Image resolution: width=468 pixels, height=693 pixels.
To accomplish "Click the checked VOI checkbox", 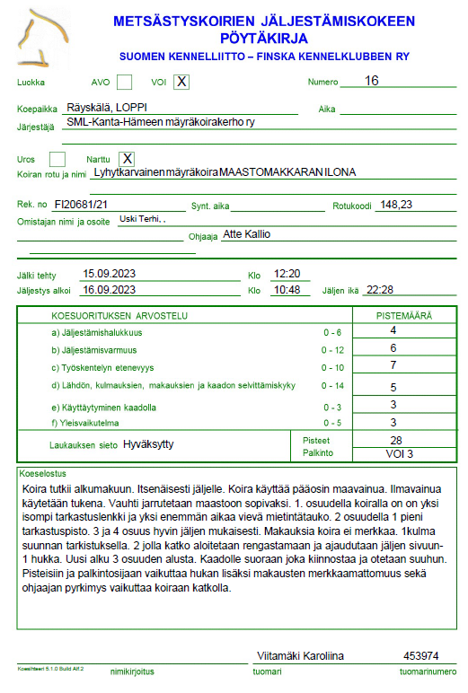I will (181, 83).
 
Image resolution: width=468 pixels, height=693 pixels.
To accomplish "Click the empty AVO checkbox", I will (124, 83).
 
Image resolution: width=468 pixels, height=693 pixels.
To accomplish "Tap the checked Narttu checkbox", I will (127, 159).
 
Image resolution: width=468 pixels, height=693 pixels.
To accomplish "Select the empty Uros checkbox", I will (57, 159).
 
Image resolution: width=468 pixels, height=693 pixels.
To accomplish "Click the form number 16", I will (372, 81).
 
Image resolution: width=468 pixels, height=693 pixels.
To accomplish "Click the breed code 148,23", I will (396, 205).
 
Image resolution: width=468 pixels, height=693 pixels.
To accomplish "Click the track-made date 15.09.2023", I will (109, 273).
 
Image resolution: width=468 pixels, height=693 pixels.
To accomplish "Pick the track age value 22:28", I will (381, 289).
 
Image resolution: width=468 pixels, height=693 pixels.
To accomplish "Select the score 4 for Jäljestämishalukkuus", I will (393, 330).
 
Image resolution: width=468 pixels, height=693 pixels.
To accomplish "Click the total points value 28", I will (395, 440).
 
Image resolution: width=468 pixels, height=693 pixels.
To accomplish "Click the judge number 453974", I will (420, 656).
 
